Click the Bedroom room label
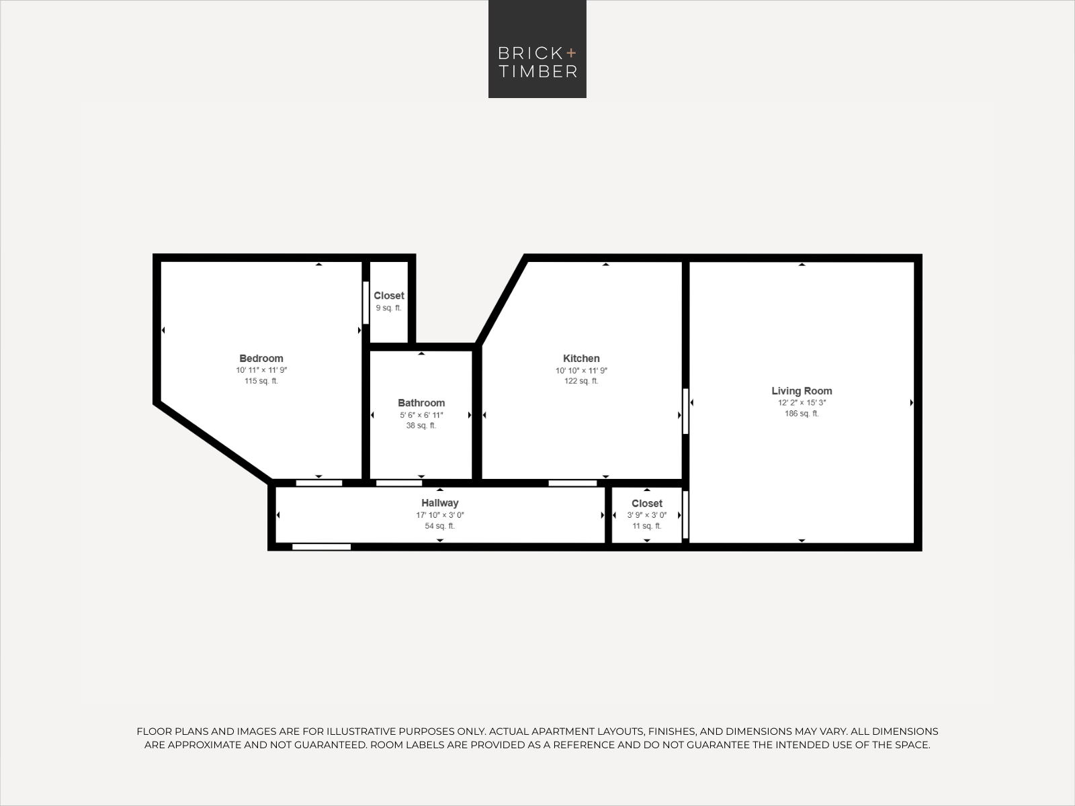261,358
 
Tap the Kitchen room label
581,358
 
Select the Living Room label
802,391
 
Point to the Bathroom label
421,403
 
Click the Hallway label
440,503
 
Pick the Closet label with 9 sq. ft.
389,296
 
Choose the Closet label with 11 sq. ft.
647,504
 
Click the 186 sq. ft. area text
802,414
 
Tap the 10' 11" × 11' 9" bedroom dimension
261,371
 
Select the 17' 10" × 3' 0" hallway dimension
440,515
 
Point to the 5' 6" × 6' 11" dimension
421,416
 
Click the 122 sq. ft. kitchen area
581,382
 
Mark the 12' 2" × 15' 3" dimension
802,403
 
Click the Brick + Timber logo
537,49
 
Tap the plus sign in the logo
571,53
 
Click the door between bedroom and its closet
366,302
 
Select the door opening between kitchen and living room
686,411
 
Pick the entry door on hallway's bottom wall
321,547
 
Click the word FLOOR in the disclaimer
154,731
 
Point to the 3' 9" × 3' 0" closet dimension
647,515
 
